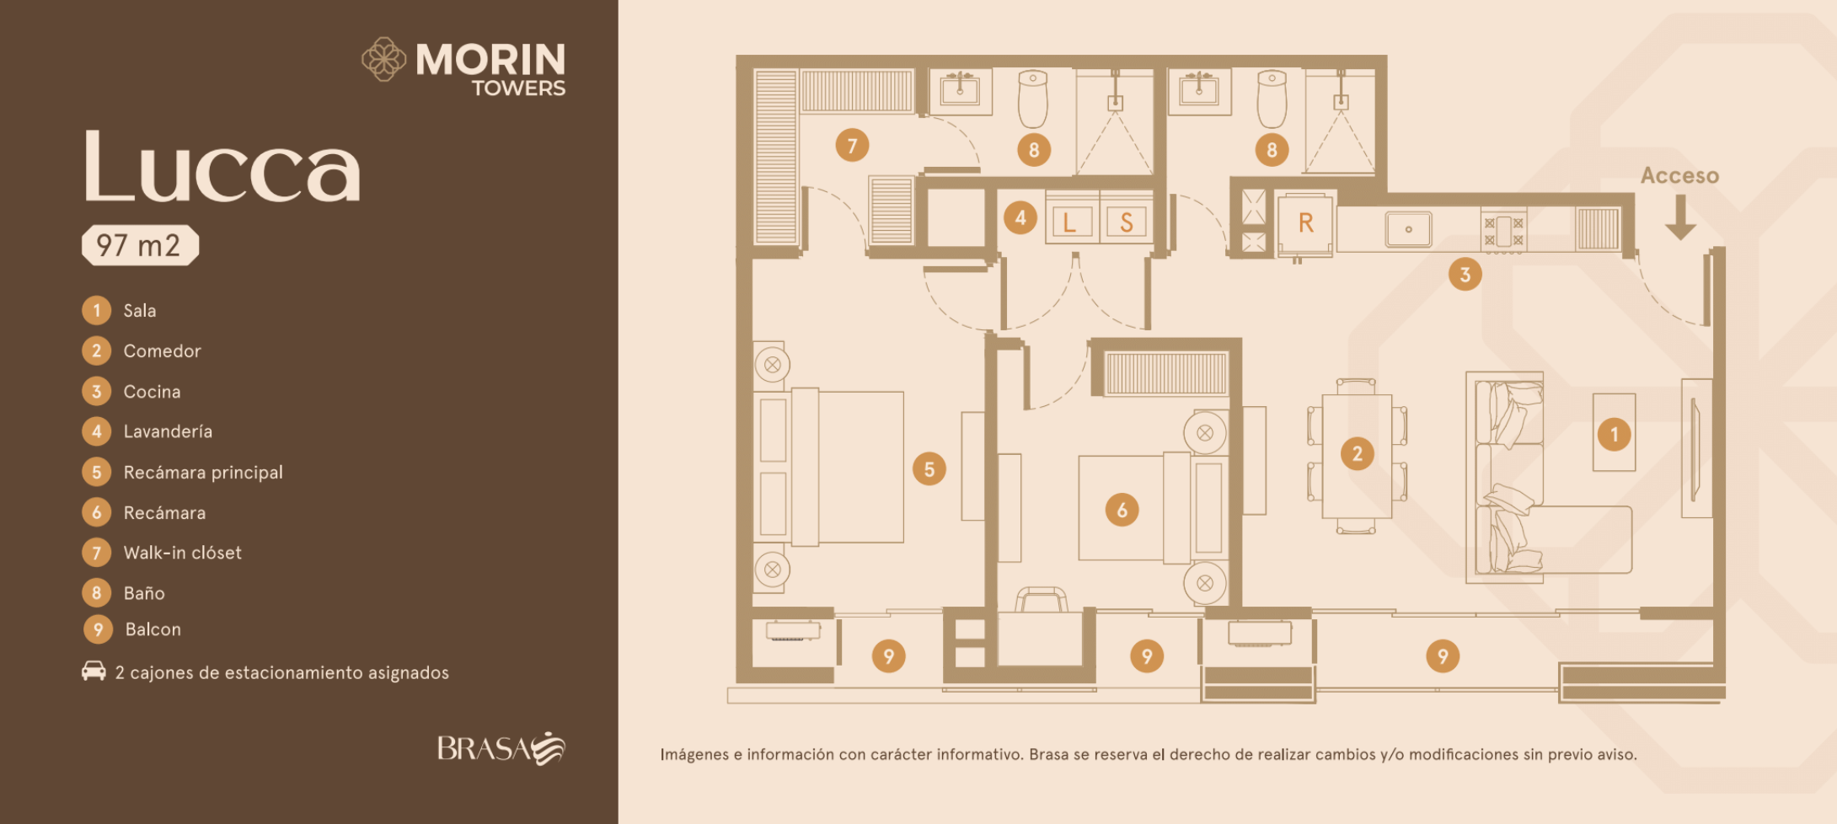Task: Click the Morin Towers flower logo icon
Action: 384,59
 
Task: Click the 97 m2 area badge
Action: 140,245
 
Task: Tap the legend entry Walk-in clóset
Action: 162,553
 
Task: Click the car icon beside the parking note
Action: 94,671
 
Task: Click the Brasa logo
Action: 501,748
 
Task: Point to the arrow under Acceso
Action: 1680,217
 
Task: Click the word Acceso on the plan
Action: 1679,175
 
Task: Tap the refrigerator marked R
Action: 1305,223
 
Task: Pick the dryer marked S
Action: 1127,222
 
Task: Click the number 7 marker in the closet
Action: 852,146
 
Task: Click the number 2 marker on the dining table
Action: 1357,454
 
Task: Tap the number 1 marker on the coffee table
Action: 1614,435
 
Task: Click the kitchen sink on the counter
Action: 1408,229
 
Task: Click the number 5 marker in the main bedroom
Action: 929,469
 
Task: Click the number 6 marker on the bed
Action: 1122,510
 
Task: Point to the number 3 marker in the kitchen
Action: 1465,275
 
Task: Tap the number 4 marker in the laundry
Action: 1020,218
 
